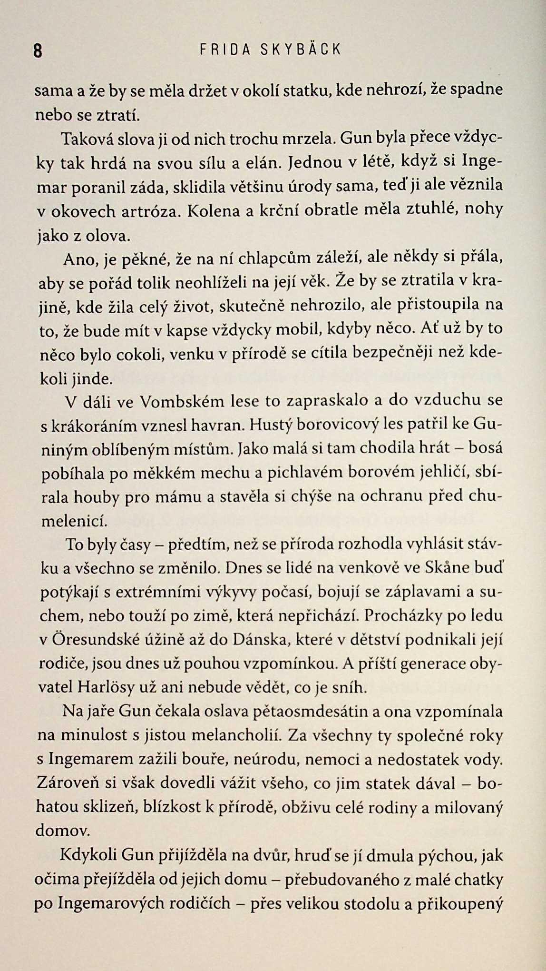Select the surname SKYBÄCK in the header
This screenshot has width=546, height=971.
click(x=301, y=49)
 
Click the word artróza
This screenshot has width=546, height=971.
click(x=150, y=212)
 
